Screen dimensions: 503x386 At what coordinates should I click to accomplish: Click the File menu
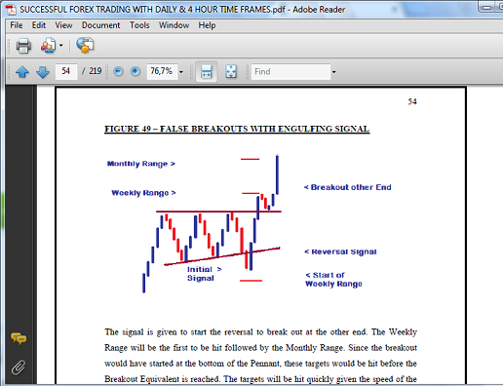(17, 25)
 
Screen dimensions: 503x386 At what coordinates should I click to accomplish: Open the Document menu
(100, 25)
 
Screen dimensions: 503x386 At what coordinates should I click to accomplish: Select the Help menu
(207, 25)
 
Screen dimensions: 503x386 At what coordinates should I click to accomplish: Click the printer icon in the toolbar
(23, 45)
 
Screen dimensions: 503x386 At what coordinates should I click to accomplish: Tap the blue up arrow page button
(22, 71)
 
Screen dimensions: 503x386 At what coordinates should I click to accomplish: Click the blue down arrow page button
(43, 71)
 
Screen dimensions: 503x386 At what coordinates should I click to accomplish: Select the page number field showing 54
(66, 71)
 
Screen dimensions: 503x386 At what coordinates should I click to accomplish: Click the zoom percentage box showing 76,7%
(162, 71)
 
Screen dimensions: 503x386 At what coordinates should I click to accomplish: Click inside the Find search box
(290, 71)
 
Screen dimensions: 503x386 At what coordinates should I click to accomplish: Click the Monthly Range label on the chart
(141, 164)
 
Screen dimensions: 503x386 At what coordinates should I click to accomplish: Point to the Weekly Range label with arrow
(143, 193)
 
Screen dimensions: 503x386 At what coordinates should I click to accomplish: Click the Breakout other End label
(348, 187)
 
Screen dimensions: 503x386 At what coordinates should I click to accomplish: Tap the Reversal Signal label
(340, 251)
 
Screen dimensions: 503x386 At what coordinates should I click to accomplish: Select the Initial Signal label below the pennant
(205, 274)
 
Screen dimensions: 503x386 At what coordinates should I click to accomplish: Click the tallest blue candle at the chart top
(277, 174)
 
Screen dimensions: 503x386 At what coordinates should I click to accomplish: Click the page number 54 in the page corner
(412, 101)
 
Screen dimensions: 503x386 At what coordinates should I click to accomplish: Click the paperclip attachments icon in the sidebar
(19, 367)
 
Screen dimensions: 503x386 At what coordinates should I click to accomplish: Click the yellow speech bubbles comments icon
(19, 338)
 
